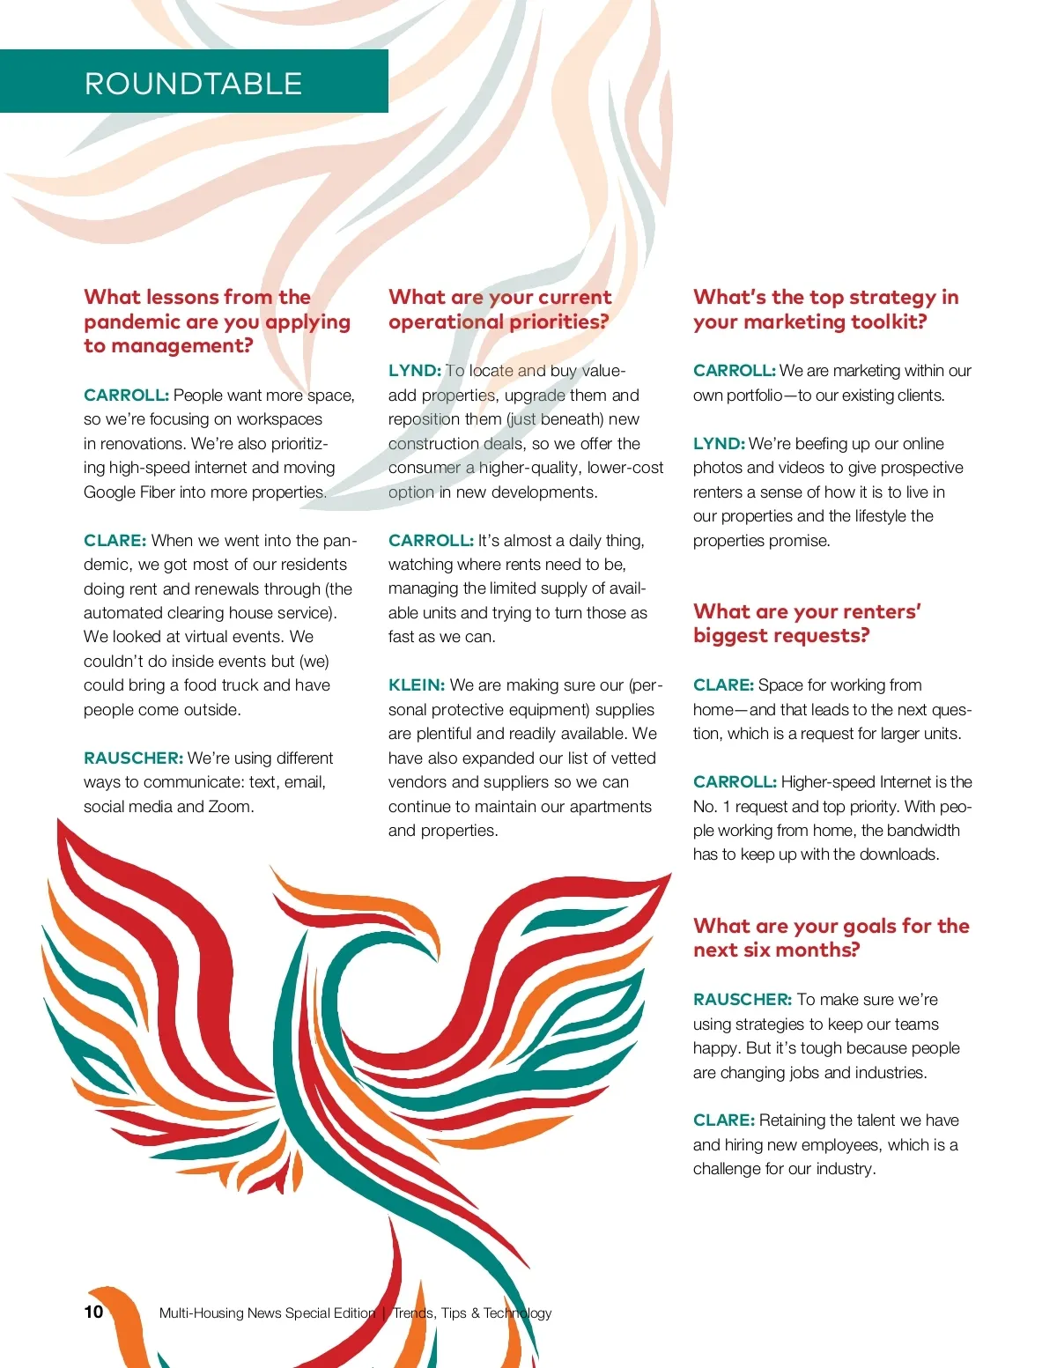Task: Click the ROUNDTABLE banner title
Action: coord(194,84)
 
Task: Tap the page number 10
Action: coord(93,1312)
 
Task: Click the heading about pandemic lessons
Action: coord(216,322)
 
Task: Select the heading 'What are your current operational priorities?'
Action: coord(499,309)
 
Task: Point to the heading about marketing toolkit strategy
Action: coord(825,309)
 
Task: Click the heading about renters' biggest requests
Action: coord(806,624)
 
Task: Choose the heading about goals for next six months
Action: coord(831,937)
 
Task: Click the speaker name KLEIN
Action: coord(417,685)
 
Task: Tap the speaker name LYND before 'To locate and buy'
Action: coord(414,371)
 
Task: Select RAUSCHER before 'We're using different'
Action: coord(133,758)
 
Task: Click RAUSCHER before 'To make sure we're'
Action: coord(743,1000)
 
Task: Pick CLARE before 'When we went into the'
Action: coord(115,541)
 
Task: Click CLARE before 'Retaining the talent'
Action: coord(723,1120)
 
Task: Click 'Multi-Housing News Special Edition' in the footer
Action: coord(267,1313)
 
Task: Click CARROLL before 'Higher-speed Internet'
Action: coord(735,782)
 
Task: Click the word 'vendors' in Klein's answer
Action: coord(418,782)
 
